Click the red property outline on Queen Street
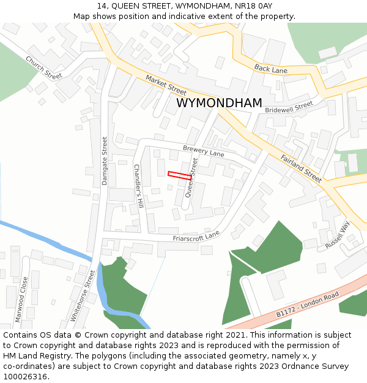(x=180, y=176)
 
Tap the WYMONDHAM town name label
(x=219, y=103)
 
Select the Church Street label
(x=43, y=67)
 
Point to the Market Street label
(x=166, y=85)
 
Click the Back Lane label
(x=270, y=69)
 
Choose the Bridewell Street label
(x=289, y=107)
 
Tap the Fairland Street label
(x=301, y=168)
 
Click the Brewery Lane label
(x=204, y=151)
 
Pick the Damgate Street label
(x=105, y=161)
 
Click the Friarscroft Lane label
(x=196, y=237)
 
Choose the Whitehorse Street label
(x=83, y=296)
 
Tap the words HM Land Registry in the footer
(x=32, y=355)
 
